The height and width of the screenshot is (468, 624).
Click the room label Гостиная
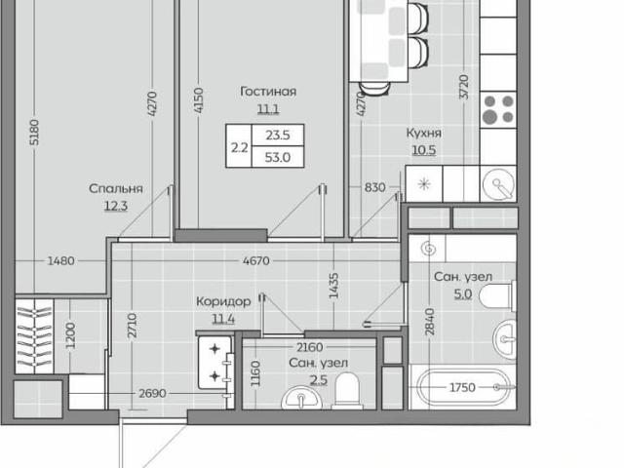click(x=268, y=92)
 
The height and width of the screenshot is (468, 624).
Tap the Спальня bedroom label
click(x=116, y=188)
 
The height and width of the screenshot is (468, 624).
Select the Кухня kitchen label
click(x=424, y=133)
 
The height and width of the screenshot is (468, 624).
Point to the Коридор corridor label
click(x=223, y=301)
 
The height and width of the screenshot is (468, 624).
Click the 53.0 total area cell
click(x=278, y=157)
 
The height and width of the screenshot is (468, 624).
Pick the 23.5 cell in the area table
click(x=278, y=136)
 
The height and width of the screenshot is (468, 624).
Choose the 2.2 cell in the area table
click(x=239, y=147)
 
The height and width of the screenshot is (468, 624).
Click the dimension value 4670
click(x=256, y=261)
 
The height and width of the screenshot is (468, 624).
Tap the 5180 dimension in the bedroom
click(x=35, y=133)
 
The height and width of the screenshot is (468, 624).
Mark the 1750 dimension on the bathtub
click(x=462, y=387)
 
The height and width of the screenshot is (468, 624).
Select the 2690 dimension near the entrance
click(x=152, y=394)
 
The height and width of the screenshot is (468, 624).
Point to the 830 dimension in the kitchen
click(x=374, y=187)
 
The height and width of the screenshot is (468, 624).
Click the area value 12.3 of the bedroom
click(x=116, y=206)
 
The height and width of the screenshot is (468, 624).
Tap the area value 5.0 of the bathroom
click(x=463, y=294)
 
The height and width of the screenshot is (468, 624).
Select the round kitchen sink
click(x=498, y=184)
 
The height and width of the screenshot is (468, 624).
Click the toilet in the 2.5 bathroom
click(x=347, y=391)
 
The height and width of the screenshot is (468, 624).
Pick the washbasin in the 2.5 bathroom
click(x=301, y=398)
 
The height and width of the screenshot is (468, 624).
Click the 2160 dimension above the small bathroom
click(x=310, y=347)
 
